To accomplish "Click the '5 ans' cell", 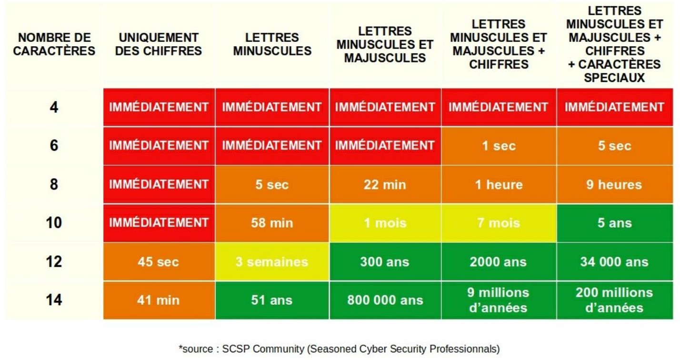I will (614, 223).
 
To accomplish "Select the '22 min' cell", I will (385, 184).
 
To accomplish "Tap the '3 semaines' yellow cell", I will (272, 261).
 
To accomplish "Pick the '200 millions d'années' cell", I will (614, 300).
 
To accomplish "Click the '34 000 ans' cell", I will (614, 261).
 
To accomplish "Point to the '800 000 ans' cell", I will (385, 300).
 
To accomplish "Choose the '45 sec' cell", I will (159, 261).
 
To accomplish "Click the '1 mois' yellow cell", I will (385, 223).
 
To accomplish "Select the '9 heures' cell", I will (614, 184).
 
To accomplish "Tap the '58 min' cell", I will (272, 223).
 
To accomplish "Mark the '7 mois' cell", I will (499, 223).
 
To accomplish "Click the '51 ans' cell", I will (272, 300).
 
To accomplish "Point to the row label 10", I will (54, 223).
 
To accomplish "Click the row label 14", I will (54, 300).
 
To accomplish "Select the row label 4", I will (54, 107).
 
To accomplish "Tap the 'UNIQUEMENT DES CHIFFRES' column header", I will (159, 44).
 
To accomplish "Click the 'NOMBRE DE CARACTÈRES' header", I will (54, 44).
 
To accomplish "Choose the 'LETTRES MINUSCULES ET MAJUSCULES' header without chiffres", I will (385, 44).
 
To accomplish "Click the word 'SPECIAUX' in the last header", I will (614, 78).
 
